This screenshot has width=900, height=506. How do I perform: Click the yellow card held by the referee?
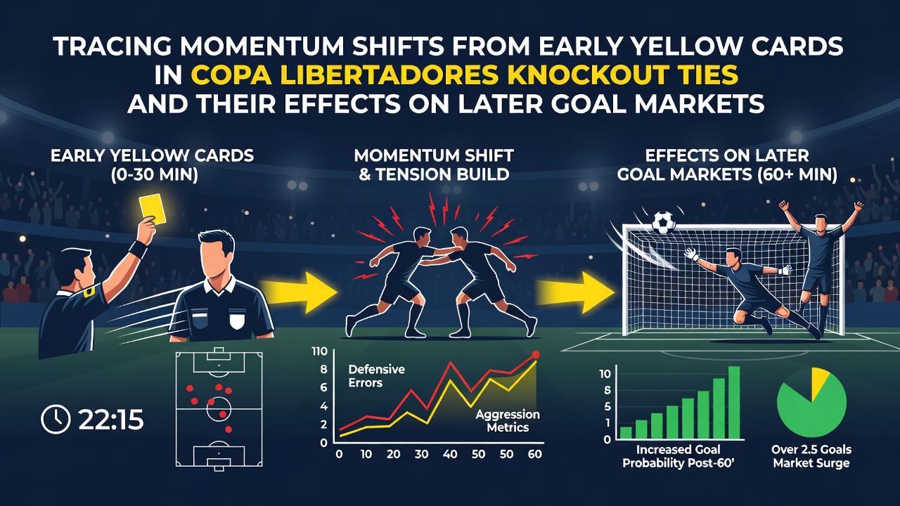[x=153, y=209]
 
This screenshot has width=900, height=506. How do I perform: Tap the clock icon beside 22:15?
[x=56, y=419]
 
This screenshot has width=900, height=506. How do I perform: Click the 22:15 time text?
[x=111, y=420]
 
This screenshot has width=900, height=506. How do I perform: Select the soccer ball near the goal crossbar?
[x=664, y=223]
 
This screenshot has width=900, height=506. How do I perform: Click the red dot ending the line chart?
[x=535, y=355]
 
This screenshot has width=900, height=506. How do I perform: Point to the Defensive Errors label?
[x=376, y=376]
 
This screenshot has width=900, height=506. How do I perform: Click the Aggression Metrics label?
[x=508, y=420]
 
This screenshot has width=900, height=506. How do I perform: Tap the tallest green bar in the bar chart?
[x=734, y=403]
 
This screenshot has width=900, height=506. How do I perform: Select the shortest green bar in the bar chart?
[x=626, y=432]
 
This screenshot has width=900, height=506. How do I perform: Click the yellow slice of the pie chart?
[x=818, y=382]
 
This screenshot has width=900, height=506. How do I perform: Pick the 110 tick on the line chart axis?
[x=319, y=351]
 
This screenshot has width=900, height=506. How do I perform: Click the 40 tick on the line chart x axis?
[x=449, y=454]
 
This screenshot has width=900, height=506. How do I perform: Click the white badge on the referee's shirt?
[x=237, y=320]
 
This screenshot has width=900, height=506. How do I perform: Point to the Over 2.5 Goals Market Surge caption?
[x=811, y=456]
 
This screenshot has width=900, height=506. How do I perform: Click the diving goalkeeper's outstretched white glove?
[x=691, y=254]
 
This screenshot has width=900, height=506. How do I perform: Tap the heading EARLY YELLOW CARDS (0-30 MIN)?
[x=153, y=165]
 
